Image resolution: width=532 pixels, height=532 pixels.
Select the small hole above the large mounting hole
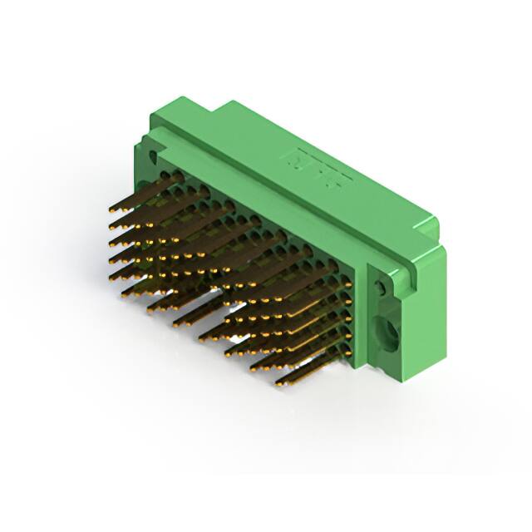coord(381,288)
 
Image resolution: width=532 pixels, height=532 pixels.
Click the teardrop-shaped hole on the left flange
coord(153,155)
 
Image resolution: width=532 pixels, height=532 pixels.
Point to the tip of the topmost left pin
coord(112,211)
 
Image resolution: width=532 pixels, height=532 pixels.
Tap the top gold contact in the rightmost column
coord(347,285)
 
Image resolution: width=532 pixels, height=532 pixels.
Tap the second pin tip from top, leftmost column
coord(112,226)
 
